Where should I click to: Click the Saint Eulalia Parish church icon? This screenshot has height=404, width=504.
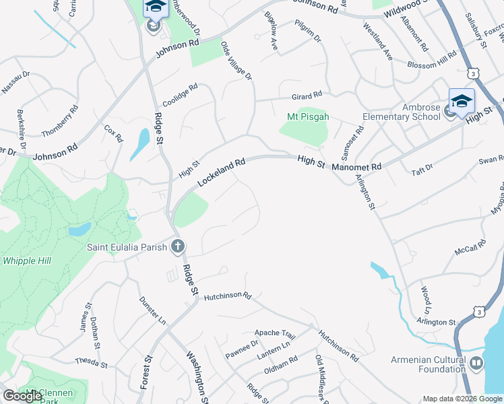point(177,246)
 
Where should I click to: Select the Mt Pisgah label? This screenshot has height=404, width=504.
point(308,116)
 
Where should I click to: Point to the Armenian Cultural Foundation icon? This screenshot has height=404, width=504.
point(476,364)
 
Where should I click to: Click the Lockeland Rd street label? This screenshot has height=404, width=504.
point(220,174)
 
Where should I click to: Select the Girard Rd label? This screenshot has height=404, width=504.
point(307,95)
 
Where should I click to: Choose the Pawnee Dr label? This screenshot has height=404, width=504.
point(241,350)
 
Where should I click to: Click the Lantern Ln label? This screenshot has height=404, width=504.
point(277,345)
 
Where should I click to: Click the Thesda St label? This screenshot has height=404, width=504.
point(91,363)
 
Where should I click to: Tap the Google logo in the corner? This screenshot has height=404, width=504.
point(22,396)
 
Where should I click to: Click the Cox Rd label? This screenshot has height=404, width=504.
point(113,133)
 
